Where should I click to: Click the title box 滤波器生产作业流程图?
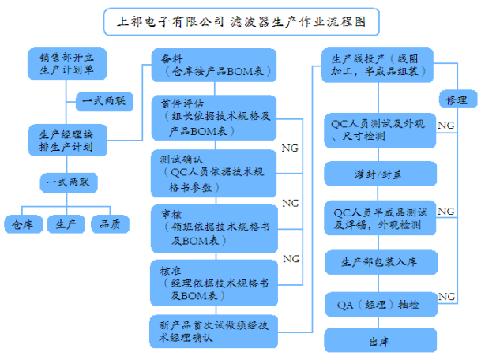coord(241,21)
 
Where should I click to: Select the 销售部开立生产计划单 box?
coord(66,65)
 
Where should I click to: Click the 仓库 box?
coord(23,224)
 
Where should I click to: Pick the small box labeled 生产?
coord(66,224)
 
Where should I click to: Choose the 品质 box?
coord(110,224)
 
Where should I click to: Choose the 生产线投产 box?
coord(379,66)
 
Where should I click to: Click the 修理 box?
coord(456,101)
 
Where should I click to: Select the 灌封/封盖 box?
coord(380,174)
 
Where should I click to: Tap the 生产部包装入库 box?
coord(380,261)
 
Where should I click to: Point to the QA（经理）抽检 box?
coord(380,303)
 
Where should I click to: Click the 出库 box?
coord(380,341)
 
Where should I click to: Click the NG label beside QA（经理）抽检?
coord(446,296)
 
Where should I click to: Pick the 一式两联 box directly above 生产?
coord(66,183)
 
